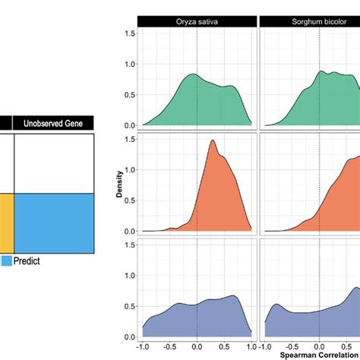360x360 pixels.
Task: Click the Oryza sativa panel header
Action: [197, 21]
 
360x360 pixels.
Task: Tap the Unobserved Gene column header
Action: [54, 123]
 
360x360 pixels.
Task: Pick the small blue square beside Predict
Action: [6, 261]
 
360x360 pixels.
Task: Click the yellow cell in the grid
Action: [5, 223]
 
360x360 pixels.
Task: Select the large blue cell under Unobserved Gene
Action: [54, 223]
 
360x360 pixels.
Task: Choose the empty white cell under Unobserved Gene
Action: [54, 163]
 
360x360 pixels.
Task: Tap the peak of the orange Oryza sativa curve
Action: [212, 141]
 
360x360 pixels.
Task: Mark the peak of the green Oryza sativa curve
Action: [192, 74]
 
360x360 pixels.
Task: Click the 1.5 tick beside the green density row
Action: [130, 33]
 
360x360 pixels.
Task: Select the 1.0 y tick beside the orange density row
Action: [130, 169]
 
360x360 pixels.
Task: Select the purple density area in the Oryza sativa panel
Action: [197, 319]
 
